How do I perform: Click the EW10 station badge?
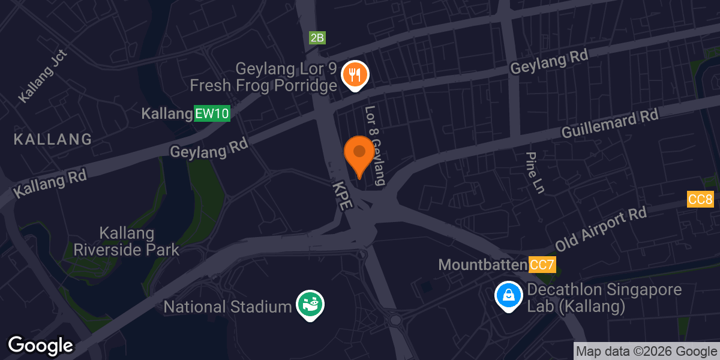click(x=212, y=114)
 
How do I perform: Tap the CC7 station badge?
click(x=542, y=264)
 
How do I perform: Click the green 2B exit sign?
click(x=317, y=38)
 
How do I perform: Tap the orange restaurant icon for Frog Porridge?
click(x=355, y=75)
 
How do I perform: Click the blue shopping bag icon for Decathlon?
click(x=508, y=296)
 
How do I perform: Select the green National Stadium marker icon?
click(x=310, y=304)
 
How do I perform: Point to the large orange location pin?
click(x=359, y=153)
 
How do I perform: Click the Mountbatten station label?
click(x=482, y=264)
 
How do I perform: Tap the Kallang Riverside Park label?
click(x=126, y=241)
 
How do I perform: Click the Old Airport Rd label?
click(x=601, y=230)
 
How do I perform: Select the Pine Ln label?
click(x=534, y=172)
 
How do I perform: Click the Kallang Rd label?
click(x=50, y=183)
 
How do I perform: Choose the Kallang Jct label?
click(x=43, y=76)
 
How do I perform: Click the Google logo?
click(x=40, y=346)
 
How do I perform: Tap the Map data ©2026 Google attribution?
click(x=647, y=352)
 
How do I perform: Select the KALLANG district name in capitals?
click(x=53, y=139)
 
